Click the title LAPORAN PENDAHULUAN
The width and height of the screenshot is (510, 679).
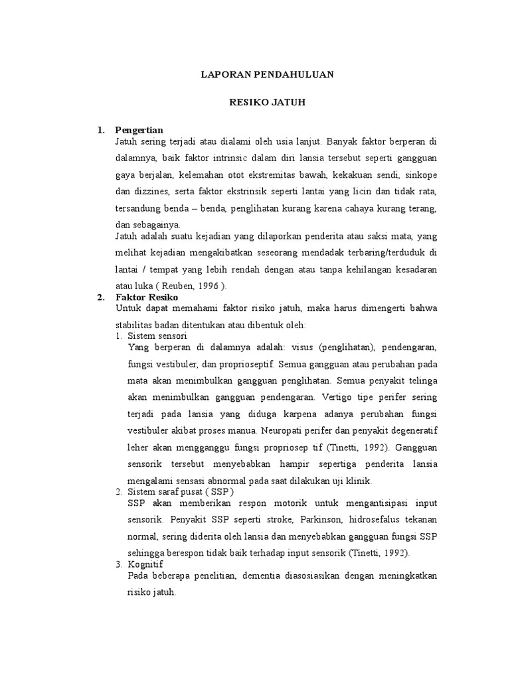(x=267, y=75)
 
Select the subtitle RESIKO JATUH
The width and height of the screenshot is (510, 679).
(x=267, y=103)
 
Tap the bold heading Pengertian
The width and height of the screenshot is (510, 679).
(x=139, y=129)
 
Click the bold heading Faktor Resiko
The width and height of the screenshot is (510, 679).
(x=142, y=298)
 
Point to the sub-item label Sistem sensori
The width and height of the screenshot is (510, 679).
(x=157, y=336)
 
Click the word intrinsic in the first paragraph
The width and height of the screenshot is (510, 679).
(x=232, y=158)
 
